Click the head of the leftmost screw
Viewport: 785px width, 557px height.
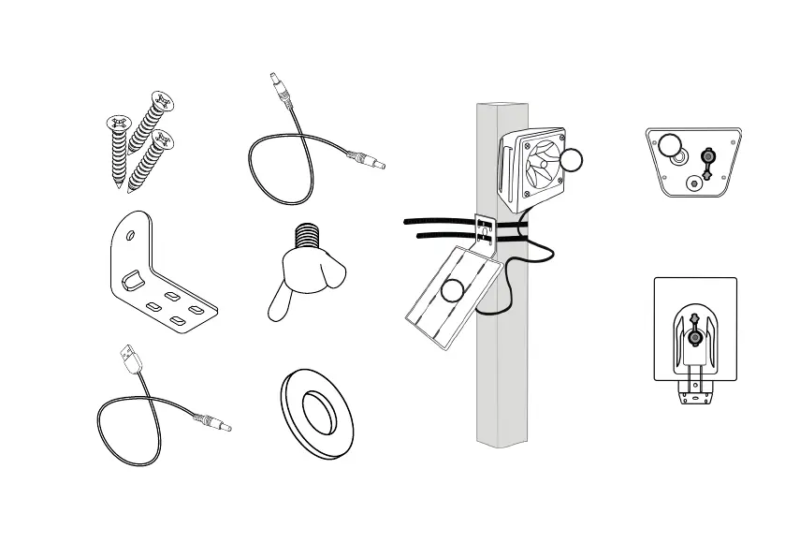[119, 123]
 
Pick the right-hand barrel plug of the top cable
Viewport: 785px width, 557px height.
[366, 161]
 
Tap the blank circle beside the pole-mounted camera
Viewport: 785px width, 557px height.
[573, 159]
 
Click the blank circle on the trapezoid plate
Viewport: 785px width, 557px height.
[669, 145]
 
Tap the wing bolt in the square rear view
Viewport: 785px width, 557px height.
[694, 333]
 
